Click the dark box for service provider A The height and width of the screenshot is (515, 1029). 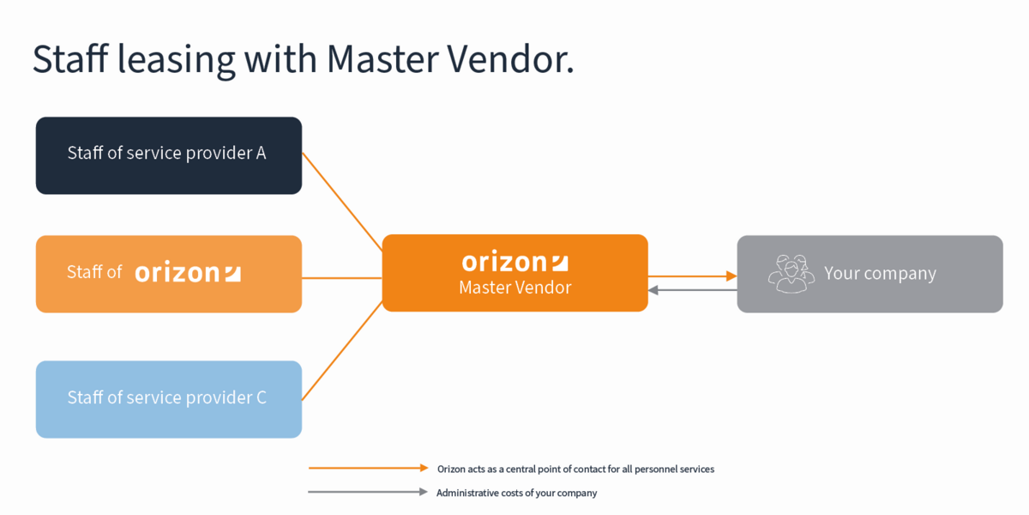pyautogui.click(x=168, y=155)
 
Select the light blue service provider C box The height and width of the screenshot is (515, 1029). pyautogui.click(x=168, y=399)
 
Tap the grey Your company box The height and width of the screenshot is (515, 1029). pyautogui.click(x=870, y=274)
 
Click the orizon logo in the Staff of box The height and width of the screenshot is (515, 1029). pyautogui.click(x=188, y=273)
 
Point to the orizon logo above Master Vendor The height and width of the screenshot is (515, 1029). pyautogui.click(x=514, y=261)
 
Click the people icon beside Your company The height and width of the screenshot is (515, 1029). pyautogui.click(x=791, y=273)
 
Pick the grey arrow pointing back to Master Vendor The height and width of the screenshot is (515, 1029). pyautogui.click(x=692, y=290)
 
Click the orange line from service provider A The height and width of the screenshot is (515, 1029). pyautogui.click(x=342, y=202)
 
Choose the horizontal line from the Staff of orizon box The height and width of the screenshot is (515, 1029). pyautogui.click(x=341, y=278)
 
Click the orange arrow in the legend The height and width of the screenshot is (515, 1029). pyautogui.click(x=368, y=469)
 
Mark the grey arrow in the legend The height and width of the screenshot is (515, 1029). pyautogui.click(x=368, y=493)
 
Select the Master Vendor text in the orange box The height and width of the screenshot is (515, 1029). pyautogui.click(x=514, y=288)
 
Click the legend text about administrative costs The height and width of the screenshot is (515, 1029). pyautogui.click(x=516, y=494)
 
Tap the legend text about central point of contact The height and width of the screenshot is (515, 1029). pyautogui.click(x=575, y=470)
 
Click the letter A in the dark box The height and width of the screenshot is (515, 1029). pyautogui.click(x=261, y=154)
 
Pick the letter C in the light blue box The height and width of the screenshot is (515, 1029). pyautogui.click(x=261, y=397)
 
